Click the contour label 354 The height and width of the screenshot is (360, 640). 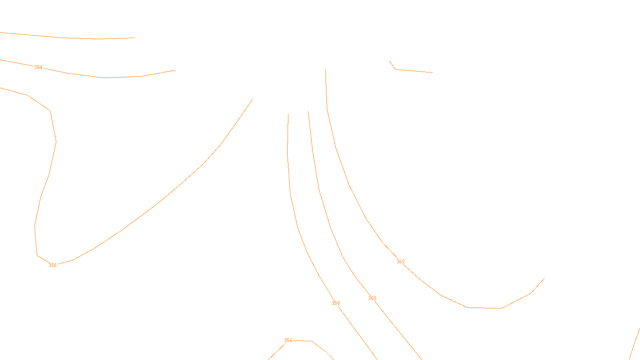pos(38,67)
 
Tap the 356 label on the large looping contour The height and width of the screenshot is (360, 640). pos(52,265)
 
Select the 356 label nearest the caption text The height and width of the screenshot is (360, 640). pos(288,340)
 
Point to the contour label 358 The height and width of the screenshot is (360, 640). pos(336,303)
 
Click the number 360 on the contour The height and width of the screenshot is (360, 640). pos(372,298)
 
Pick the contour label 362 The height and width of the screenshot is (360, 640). pos(400,262)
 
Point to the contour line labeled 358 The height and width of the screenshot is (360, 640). pos(298,228)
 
